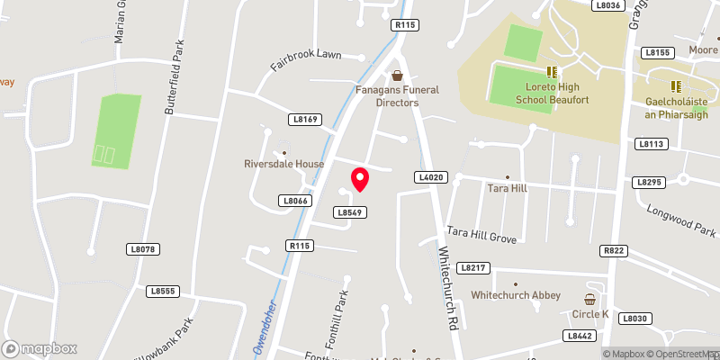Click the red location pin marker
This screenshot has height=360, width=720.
(360, 179)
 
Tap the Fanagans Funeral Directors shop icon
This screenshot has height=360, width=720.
(397, 76)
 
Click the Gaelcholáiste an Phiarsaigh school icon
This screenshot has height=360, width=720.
(676, 86)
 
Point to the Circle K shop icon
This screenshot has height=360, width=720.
(591, 299)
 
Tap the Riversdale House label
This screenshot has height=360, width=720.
(283, 165)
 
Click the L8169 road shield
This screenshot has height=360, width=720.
(305, 119)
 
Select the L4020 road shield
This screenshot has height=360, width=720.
(431, 178)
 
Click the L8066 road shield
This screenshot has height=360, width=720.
(294, 201)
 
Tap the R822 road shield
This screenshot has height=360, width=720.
(615, 251)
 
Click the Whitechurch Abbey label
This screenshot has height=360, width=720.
(516, 295)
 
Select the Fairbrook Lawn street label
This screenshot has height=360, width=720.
(306, 60)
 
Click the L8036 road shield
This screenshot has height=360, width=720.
(609, 5)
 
